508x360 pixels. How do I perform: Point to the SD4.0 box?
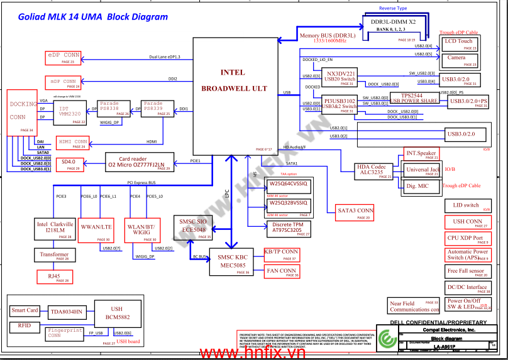pos(69,164)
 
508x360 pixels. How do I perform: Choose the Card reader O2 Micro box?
pos(137,162)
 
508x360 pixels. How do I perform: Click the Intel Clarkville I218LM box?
pos(55,229)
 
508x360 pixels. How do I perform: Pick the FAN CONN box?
pos(281,272)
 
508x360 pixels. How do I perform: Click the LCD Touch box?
pos(459,43)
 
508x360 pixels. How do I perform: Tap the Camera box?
pos(459,60)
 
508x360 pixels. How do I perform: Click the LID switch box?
pos(466,206)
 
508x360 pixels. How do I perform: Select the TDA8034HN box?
pos(67,312)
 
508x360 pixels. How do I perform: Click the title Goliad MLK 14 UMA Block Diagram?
pos(80,17)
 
